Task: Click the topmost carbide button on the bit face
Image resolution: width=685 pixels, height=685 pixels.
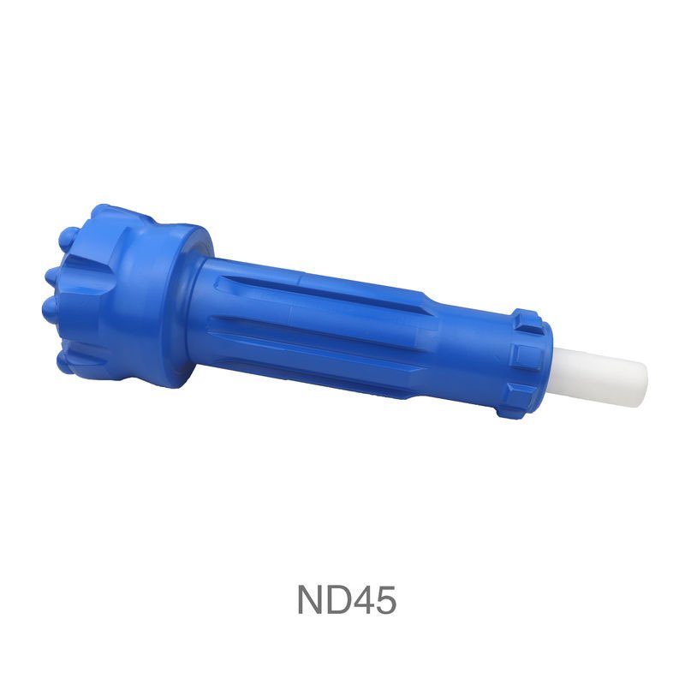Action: click(68, 238)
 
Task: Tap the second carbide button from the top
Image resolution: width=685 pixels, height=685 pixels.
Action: click(53, 276)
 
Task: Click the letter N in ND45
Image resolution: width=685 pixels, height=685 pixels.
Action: click(313, 599)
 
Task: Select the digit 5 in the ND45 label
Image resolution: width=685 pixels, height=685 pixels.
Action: click(389, 600)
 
